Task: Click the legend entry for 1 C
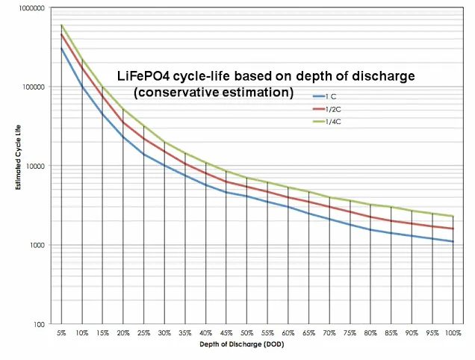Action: [324, 96]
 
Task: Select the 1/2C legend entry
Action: [327, 109]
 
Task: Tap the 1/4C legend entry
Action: [327, 122]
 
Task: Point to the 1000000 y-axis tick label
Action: [31, 8]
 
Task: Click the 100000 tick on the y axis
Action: [34, 87]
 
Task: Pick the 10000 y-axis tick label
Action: [35, 166]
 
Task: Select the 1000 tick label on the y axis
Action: [37, 245]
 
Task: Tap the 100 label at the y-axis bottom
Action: [39, 325]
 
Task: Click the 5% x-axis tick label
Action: [61, 333]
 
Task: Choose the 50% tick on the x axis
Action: [247, 333]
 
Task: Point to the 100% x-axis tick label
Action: [453, 333]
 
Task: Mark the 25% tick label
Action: [144, 333]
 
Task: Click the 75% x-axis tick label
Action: [350, 333]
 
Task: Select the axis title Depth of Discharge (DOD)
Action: [242, 344]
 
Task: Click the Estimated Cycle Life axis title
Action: [19, 158]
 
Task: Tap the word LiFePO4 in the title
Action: [143, 75]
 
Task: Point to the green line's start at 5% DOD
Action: [61, 25]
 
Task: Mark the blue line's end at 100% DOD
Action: [453, 241]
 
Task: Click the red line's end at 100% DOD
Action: [453, 229]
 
